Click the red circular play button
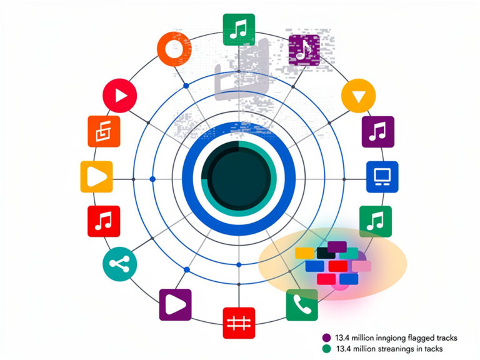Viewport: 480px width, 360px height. tap(120, 96)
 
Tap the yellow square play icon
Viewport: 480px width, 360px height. tap(96, 177)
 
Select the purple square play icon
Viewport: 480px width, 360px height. tap(176, 304)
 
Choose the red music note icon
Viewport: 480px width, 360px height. tap(104, 221)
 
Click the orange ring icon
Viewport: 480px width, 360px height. tap(174, 49)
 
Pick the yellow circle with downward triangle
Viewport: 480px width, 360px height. tap(359, 96)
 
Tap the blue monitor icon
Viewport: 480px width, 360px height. tap(382, 177)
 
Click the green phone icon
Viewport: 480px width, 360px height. tap(302, 305)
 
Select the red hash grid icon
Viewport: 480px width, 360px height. tap(239, 323)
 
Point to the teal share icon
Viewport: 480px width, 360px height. tap(120, 264)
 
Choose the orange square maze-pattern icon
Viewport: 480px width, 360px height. tap(104, 131)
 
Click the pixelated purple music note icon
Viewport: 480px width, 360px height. tap(304, 50)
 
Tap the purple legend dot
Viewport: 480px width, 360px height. tap(327, 337)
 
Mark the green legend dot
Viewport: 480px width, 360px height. tap(327, 349)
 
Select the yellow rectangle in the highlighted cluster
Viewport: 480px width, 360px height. tap(304, 253)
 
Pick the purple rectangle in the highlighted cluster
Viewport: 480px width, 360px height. tap(337, 247)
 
